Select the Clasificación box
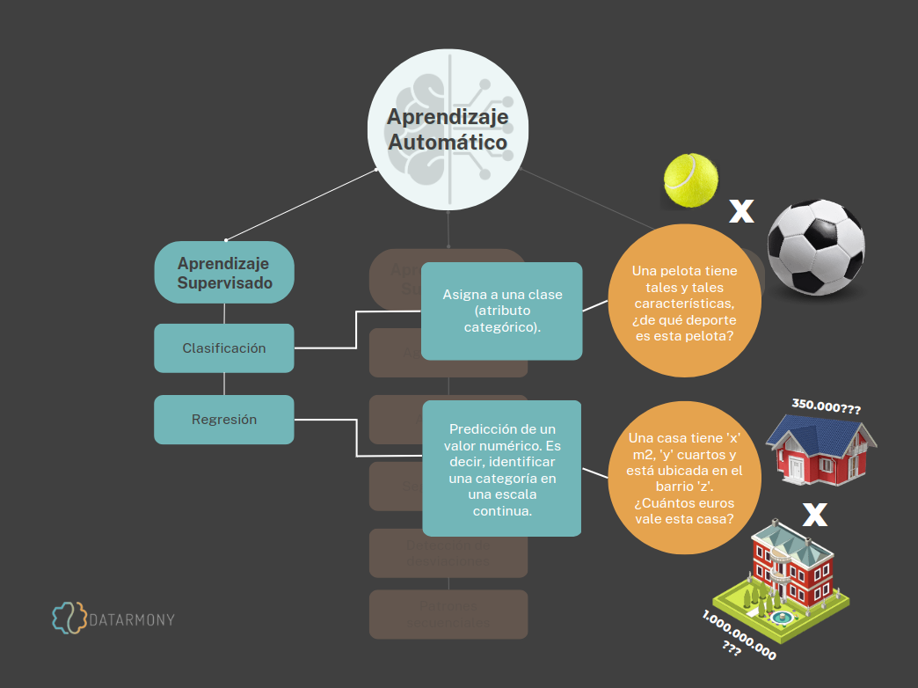pyautogui.click(x=224, y=348)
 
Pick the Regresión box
pyautogui.click(x=224, y=420)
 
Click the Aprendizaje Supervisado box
pyautogui.click(x=224, y=273)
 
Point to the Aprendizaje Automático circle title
pyautogui.click(x=448, y=129)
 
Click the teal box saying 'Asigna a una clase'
pyautogui.click(x=502, y=311)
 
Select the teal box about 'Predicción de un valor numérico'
pyautogui.click(x=502, y=468)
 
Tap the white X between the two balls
pyautogui.click(x=742, y=210)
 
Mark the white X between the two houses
pyautogui.click(x=814, y=515)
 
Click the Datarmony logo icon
pyautogui.click(x=69, y=618)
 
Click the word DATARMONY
pyautogui.click(x=133, y=619)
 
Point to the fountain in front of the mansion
pyautogui.click(x=778, y=618)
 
